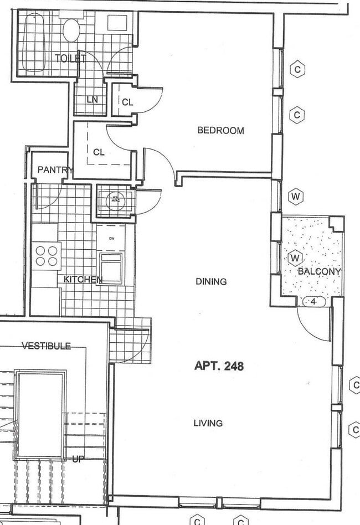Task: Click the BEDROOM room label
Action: [220, 131]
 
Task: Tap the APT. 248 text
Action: [219, 366]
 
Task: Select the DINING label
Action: [211, 281]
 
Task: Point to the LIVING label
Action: [208, 423]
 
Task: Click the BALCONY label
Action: [319, 271]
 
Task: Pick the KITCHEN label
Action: [83, 279]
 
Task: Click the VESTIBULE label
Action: [46, 346]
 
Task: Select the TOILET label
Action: [71, 58]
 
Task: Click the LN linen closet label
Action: [92, 100]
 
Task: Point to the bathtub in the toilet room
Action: [33, 43]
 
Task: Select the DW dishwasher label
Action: [111, 238]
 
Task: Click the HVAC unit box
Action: [115, 200]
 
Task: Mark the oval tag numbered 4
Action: [313, 302]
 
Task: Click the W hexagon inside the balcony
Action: [295, 258]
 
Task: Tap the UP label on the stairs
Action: [78, 459]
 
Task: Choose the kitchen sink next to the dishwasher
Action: [111, 267]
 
